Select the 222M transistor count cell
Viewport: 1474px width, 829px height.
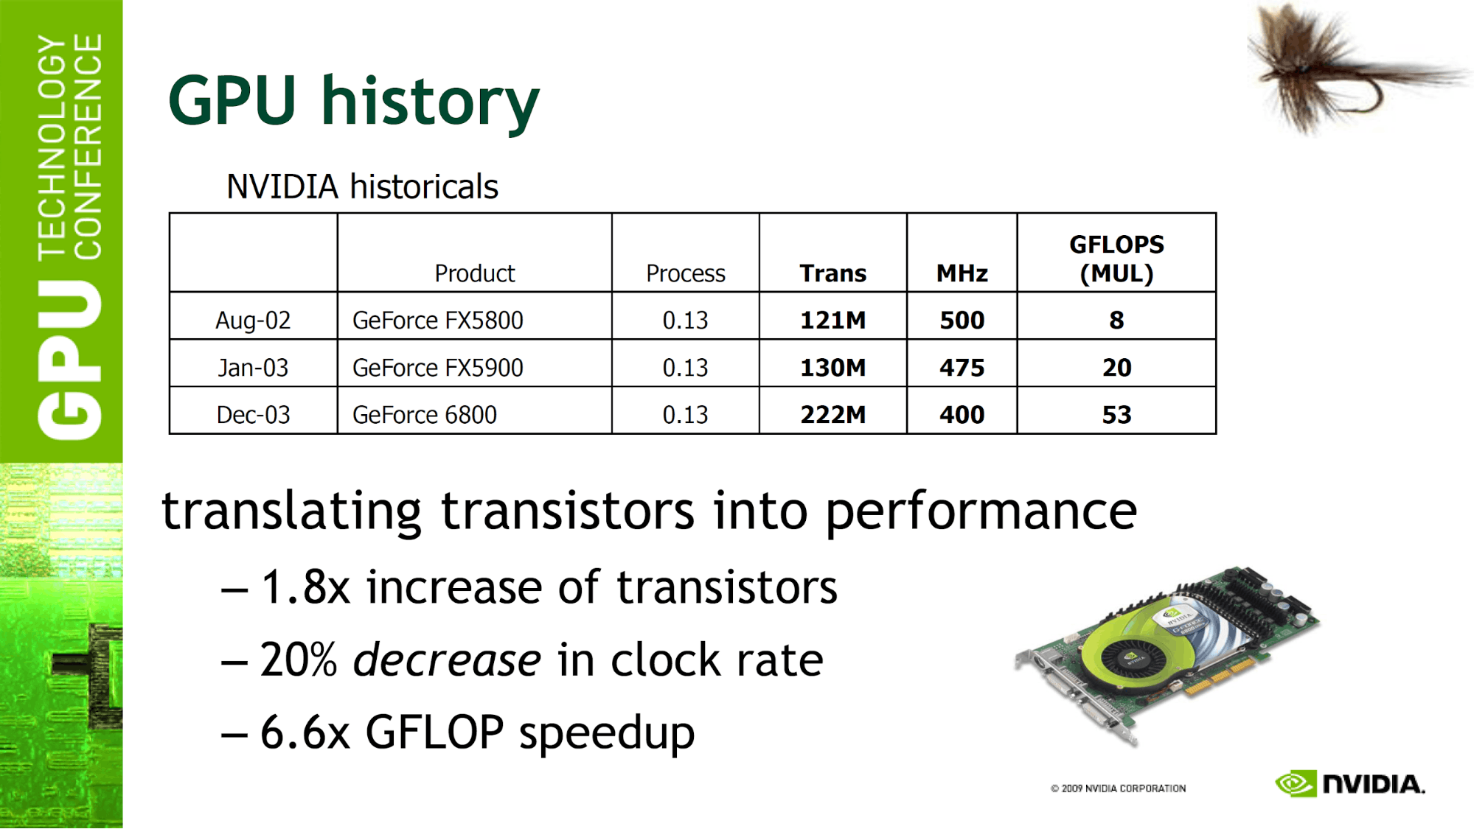tap(833, 415)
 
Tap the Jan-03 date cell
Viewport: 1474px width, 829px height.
tap(253, 368)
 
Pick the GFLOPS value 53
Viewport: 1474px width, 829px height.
tap(1116, 415)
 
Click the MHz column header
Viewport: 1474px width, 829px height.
tap(962, 273)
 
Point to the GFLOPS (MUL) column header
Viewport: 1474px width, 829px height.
tap(1116, 259)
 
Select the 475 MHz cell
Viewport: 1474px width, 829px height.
tap(962, 368)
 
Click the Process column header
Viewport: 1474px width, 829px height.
tap(686, 273)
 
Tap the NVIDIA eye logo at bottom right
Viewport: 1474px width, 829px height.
tap(1296, 783)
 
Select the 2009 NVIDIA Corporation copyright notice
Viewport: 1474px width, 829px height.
tap(1118, 788)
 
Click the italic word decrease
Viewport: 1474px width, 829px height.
tap(447, 660)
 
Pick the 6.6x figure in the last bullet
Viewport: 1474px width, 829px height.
tap(305, 732)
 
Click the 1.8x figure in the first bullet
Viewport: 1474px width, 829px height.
tap(305, 587)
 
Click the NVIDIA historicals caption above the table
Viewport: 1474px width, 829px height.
tap(362, 186)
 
